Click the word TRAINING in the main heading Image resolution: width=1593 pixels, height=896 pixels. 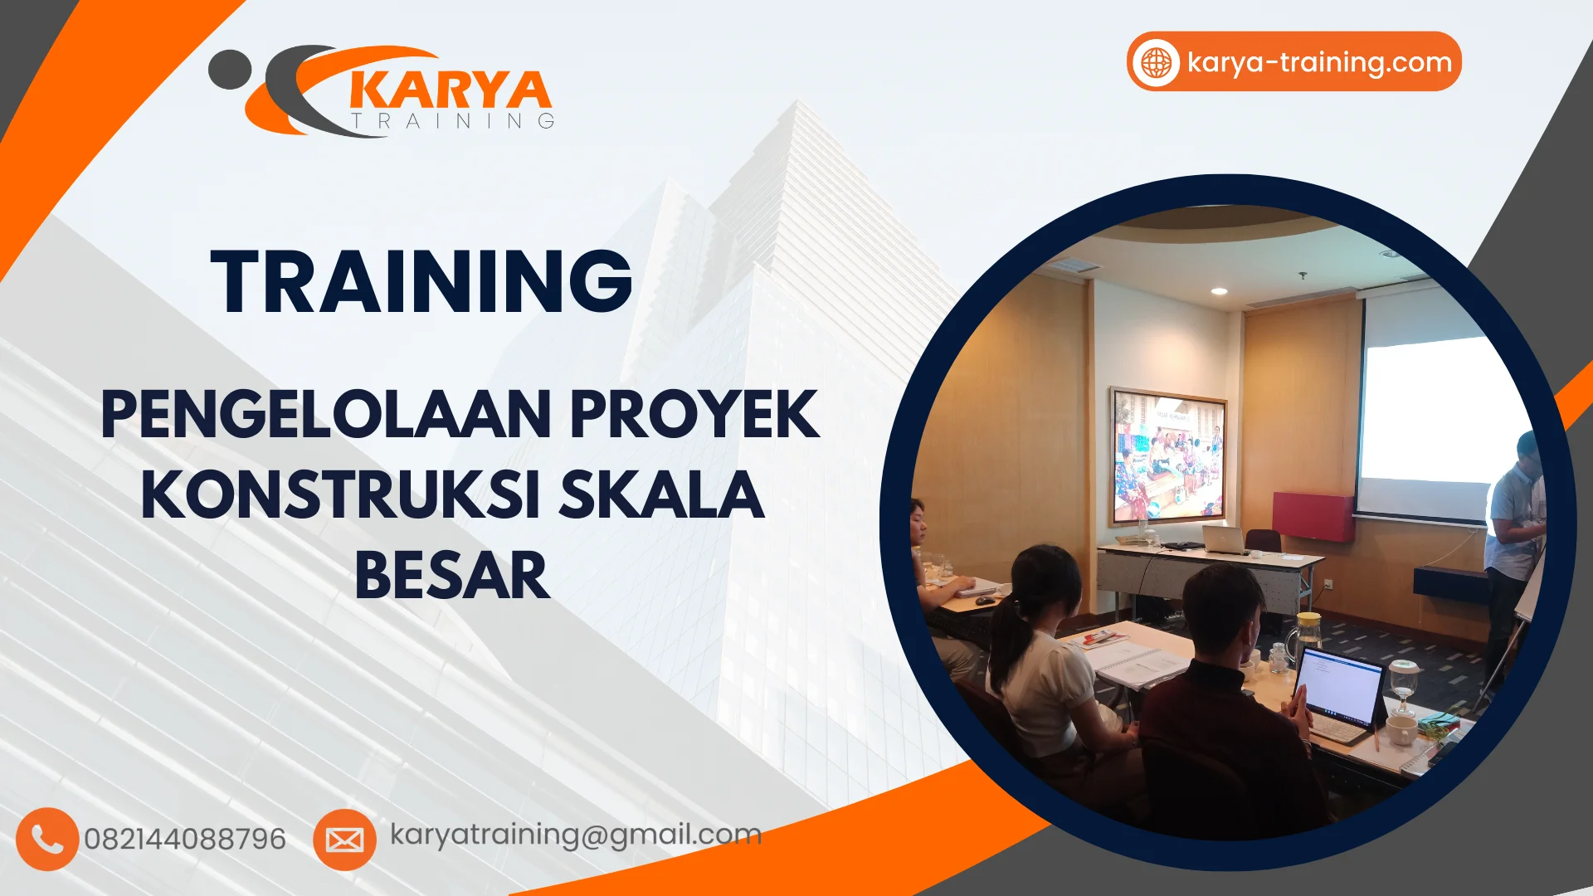click(421, 282)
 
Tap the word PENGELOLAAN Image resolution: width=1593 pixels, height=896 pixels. click(326, 414)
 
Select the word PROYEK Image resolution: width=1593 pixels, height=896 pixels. click(694, 414)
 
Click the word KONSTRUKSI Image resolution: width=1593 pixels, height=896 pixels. click(340, 495)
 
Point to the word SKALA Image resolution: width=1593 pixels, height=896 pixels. click(660, 495)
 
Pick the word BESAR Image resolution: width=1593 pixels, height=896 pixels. click(452, 576)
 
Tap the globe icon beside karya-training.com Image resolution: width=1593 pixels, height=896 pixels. click(1156, 62)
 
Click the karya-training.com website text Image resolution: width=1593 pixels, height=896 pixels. click(1319, 62)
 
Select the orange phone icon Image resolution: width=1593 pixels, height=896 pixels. click(47, 839)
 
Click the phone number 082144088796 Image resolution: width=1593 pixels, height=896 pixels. click(185, 840)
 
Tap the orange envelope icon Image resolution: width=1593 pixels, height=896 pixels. click(344, 840)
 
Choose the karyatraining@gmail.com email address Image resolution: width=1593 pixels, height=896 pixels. click(576, 835)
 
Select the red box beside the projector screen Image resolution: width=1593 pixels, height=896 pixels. click(1313, 516)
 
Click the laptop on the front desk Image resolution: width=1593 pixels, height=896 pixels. click(1224, 540)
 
